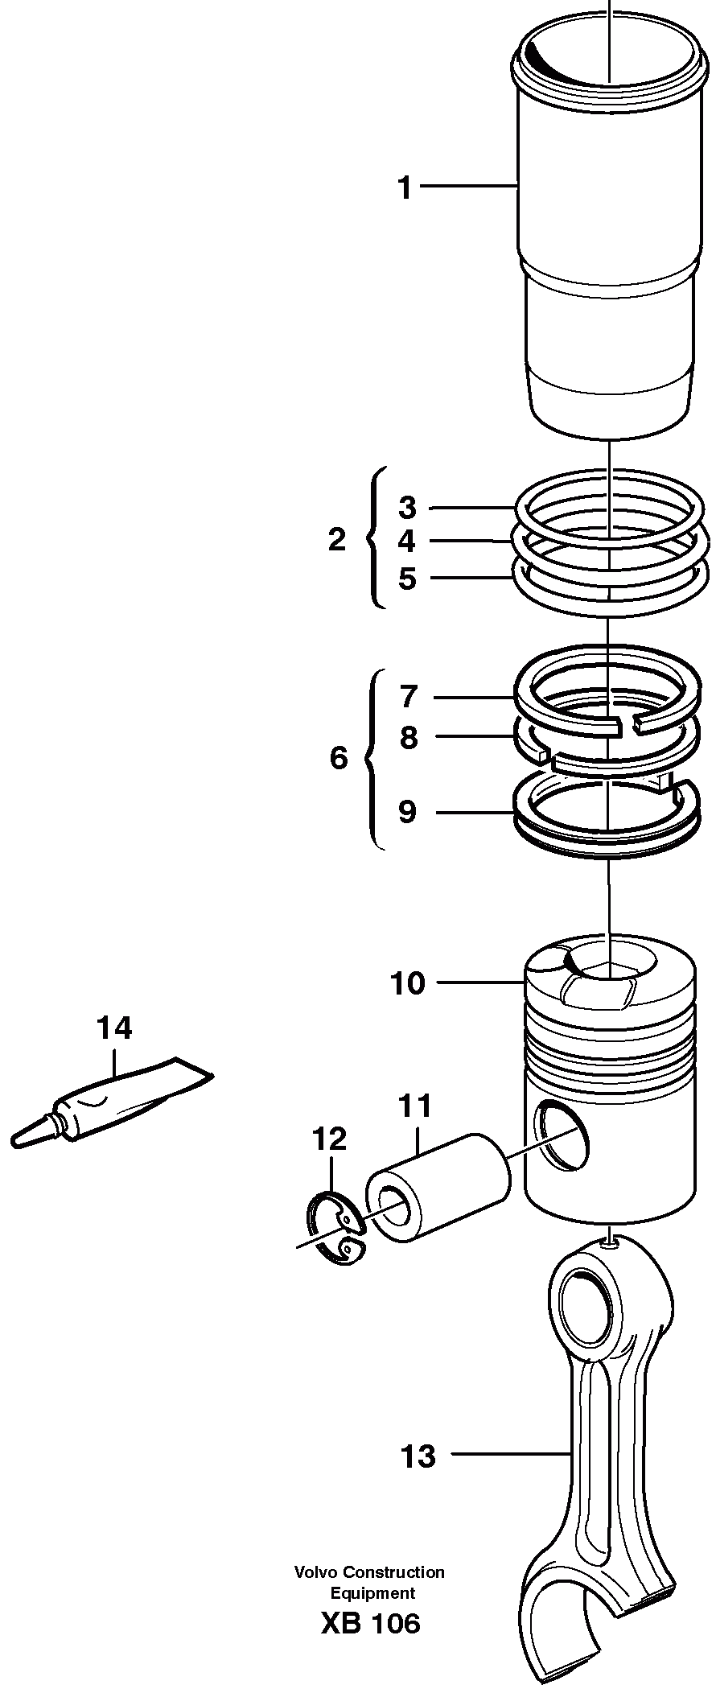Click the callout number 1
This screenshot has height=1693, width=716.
(x=405, y=188)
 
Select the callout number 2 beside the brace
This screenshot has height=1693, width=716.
(x=337, y=539)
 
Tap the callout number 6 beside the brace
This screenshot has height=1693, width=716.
(x=339, y=757)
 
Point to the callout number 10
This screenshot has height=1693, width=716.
(x=408, y=983)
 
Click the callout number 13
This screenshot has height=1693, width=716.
(x=418, y=1456)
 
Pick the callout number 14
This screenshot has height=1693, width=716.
(x=113, y=1028)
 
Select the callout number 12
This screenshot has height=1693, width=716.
(x=329, y=1139)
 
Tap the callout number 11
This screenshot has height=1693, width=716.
(x=415, y=1106)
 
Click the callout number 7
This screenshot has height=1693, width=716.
(x=409, y=696)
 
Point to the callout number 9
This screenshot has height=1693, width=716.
(x=408, y=812)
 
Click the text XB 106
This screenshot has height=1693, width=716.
(x=370, y=1622)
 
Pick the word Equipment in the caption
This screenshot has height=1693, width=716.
(x=372, y=1592)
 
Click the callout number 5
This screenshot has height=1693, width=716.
(x=408, y=578)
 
